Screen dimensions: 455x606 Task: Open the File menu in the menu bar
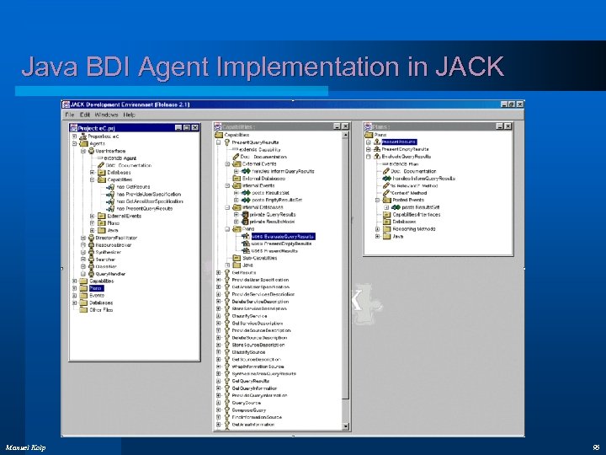[x=71, y=115]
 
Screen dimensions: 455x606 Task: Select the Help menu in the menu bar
[x=129, y=115]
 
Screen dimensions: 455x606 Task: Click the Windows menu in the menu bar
[x=107, y=115]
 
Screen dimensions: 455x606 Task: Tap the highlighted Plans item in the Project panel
[x=96, y=287]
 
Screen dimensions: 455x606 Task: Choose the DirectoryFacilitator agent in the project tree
[x=115, y=238]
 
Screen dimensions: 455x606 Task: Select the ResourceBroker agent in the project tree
[x=112, y=244]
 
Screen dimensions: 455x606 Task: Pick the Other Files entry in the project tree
[x=101, y=309]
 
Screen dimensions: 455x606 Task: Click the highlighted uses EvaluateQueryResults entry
[x=283, y=236]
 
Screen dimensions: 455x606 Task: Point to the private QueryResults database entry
[x=273, y=214]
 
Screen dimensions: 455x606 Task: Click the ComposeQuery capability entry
[x=251, y=409]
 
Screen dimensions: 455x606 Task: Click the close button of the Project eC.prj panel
[x=195, y=126]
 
